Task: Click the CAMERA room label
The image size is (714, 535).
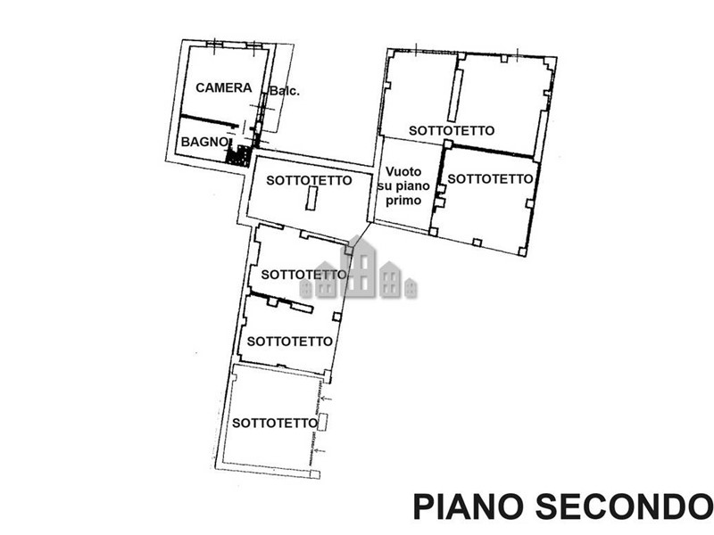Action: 224,87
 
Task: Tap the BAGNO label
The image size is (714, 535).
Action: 204,142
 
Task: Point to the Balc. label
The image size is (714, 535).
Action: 285,91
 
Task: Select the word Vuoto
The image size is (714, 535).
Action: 403,171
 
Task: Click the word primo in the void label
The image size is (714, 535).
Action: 403,200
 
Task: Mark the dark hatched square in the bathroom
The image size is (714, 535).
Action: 238,156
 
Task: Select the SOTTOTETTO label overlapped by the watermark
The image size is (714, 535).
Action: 303,275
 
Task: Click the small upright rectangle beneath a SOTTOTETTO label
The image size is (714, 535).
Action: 311,198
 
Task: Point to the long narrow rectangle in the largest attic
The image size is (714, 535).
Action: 455,95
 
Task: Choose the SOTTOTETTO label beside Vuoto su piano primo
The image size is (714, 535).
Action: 490,179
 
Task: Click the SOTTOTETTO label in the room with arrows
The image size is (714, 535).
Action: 275,423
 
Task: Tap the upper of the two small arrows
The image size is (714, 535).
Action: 326,399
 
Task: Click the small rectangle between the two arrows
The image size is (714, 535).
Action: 322,422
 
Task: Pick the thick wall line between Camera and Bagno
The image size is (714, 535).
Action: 210,120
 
